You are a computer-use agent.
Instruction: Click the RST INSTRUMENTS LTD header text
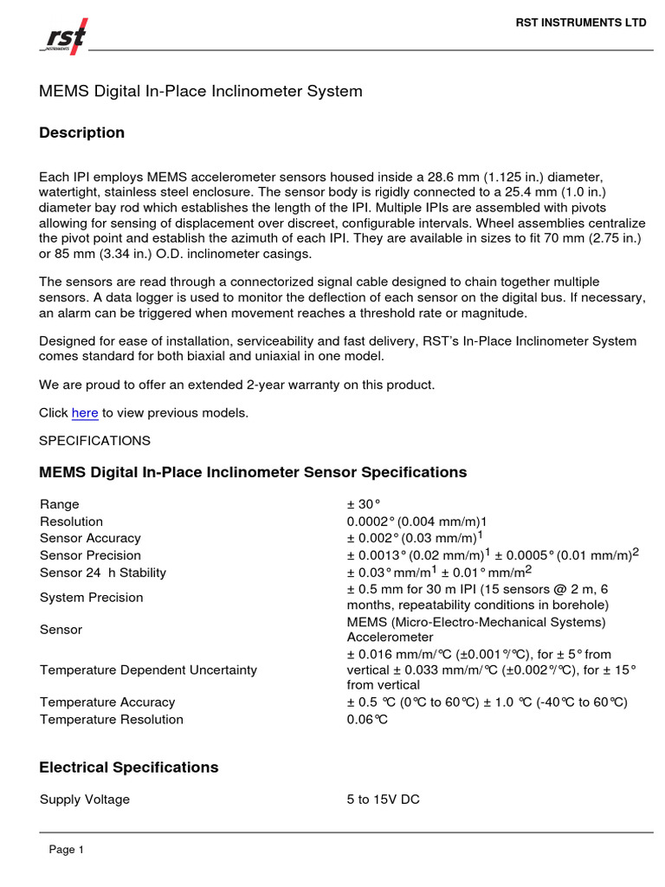581,23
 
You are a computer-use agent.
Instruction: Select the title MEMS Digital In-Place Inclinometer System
201,91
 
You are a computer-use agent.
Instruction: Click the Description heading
82,133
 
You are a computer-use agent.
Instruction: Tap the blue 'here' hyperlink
85,413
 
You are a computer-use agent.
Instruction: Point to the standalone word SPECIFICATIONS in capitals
95,441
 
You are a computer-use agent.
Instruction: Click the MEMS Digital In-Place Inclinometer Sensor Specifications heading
253,472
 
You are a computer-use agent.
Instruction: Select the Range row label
60,504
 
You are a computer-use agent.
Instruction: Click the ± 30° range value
365,504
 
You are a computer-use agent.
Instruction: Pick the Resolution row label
71,521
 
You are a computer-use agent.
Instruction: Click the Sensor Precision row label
90,555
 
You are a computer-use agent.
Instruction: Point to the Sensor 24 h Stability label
103,573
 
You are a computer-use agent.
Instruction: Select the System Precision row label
92,598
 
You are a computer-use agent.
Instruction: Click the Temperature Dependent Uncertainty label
148,670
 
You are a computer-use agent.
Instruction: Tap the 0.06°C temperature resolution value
368,720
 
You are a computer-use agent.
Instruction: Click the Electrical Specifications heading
129,767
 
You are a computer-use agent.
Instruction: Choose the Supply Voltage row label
85,800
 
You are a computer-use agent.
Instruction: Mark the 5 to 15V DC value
384,800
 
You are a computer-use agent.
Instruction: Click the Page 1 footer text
67,851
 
